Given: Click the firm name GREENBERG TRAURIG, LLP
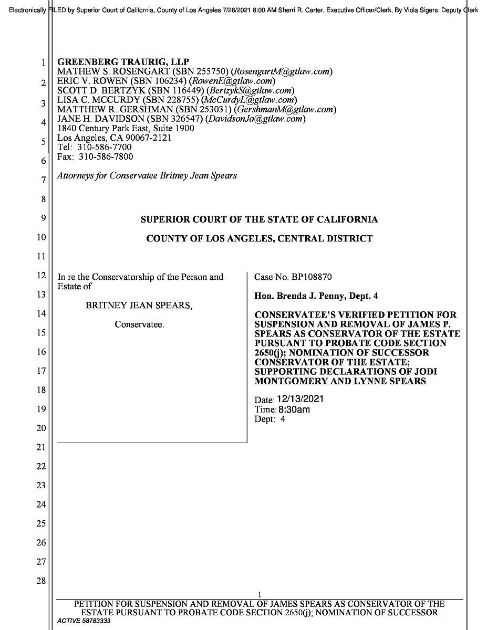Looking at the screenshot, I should click(x=123, y=61).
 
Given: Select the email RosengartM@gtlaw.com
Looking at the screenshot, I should click(x=284, y=71).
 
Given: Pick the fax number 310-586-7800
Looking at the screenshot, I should click(x=106, y=157).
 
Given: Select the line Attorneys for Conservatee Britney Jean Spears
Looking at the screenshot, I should click(x=147, y=176).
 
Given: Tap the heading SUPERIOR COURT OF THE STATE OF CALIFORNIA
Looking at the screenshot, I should click(x=259, y=219).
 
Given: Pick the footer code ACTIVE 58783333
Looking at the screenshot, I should click(x=84, y=621).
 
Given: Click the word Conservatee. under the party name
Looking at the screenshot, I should click(x=139, y=324).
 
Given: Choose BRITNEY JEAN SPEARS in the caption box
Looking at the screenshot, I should click(x=139, y=306).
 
